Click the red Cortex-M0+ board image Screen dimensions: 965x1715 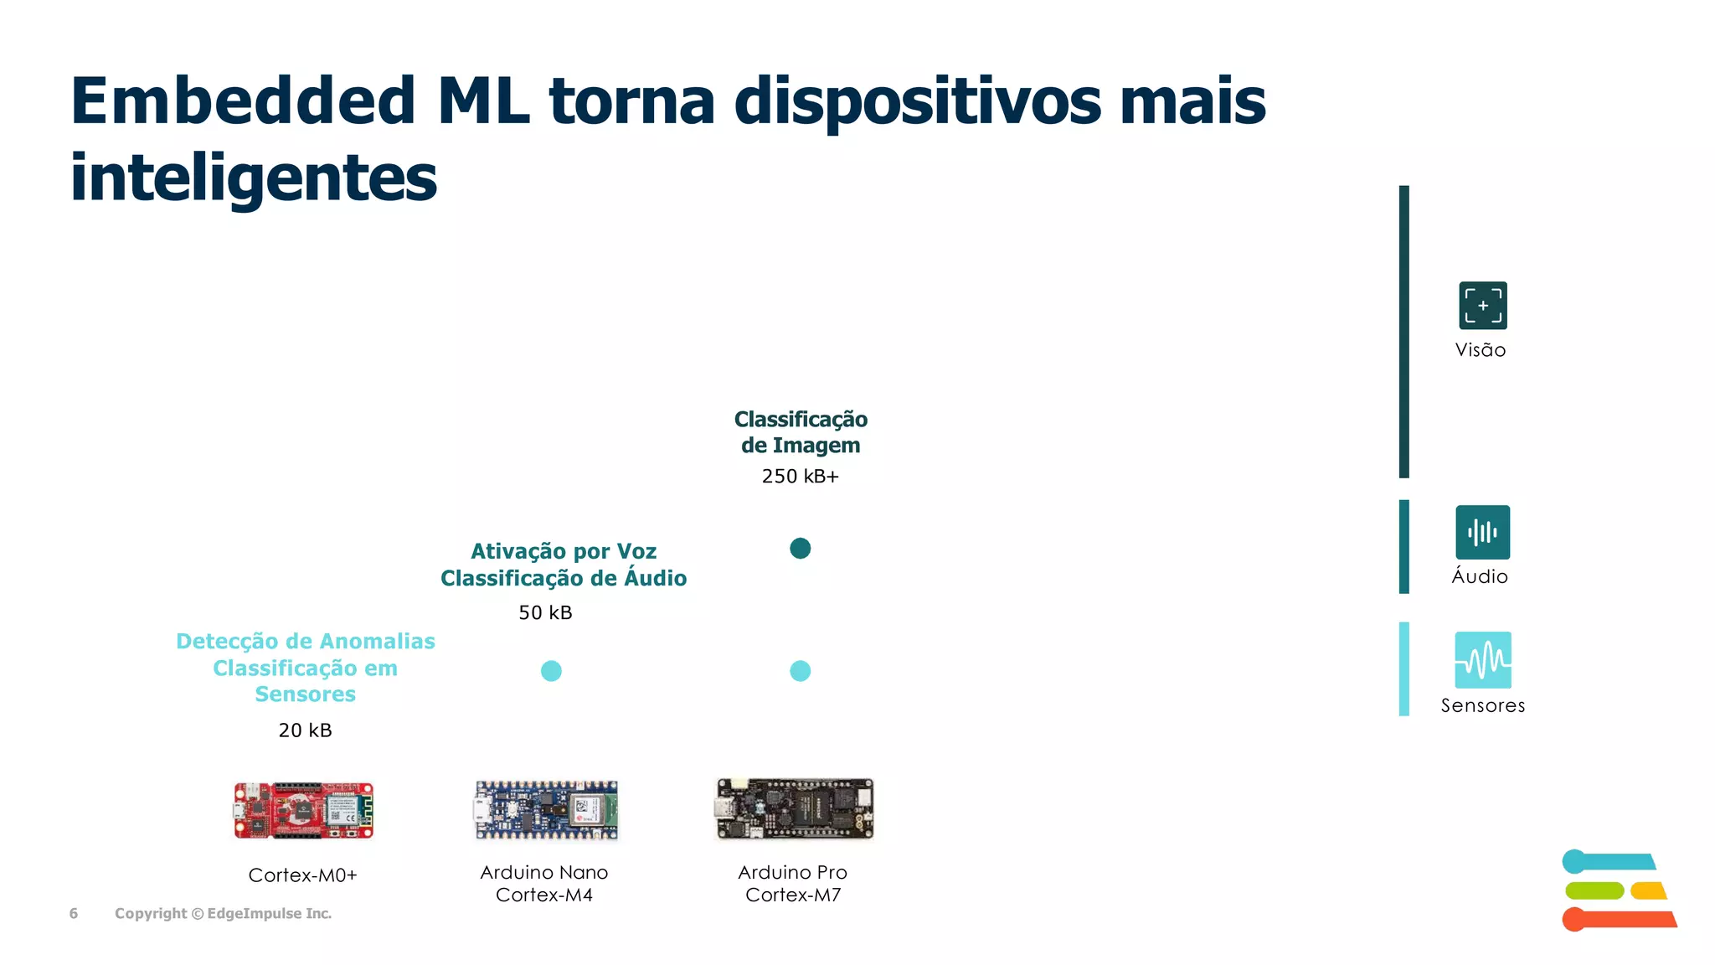point(303,810)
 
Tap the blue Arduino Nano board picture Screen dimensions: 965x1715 point(546,810)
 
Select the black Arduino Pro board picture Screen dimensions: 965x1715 point(794,808)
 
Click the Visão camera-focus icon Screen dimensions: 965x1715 point(1482,306)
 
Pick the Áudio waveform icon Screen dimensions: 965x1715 point(1482,532)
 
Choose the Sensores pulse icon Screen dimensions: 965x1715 point(1482,660)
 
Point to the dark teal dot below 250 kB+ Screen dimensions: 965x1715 point(800,549)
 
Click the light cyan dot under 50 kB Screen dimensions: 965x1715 point(551,671)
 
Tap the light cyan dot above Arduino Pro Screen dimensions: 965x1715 point(800,671)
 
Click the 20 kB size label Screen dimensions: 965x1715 point(305,730)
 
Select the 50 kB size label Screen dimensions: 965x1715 point(545,613)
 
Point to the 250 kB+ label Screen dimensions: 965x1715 point(800,477)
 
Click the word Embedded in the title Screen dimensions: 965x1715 point(243,101)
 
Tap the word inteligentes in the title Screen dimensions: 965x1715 point(253,178)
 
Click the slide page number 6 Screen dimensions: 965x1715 point(74,914)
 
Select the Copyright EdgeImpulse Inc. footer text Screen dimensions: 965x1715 point(223,914)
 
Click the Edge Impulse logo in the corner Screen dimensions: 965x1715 point(1618,890)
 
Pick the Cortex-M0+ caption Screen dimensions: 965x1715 point(302,875)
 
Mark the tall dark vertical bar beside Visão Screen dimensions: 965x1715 point(1404,332)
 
